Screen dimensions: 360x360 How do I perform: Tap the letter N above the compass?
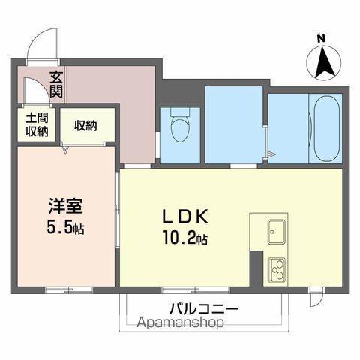click(x=321, y=39)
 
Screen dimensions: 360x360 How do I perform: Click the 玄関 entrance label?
click(x=56, y=82)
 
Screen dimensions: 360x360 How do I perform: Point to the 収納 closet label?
click(x=85, y=125)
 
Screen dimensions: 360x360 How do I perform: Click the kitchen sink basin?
click(x=273, y=232)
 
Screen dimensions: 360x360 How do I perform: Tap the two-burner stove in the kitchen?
click(x=276, y=268)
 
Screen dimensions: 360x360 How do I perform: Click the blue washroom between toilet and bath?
click(x=234, y=124)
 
